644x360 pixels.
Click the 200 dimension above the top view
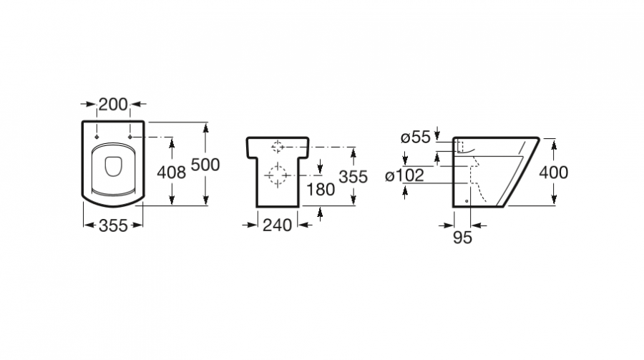[x=113, y=104]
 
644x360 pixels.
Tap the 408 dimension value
[x=171, y=172]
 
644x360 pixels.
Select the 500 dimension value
[x=205, y=165]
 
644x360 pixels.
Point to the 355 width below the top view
[x=113, y=225]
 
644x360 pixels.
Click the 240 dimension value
[x=277, y=225]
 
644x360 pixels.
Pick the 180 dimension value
[x=321, y=190]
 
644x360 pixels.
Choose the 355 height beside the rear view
[x=353, y=177]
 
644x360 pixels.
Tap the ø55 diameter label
[x=415, y=137]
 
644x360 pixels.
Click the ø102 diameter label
[x=404, y=175]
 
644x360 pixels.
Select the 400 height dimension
[x=554, y=172]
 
